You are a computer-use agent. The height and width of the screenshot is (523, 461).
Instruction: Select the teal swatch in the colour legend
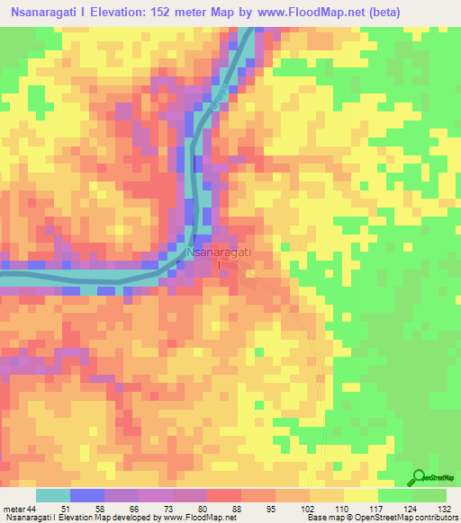[53, 495]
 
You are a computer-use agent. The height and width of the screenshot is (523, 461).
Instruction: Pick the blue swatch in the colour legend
[87, 495]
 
